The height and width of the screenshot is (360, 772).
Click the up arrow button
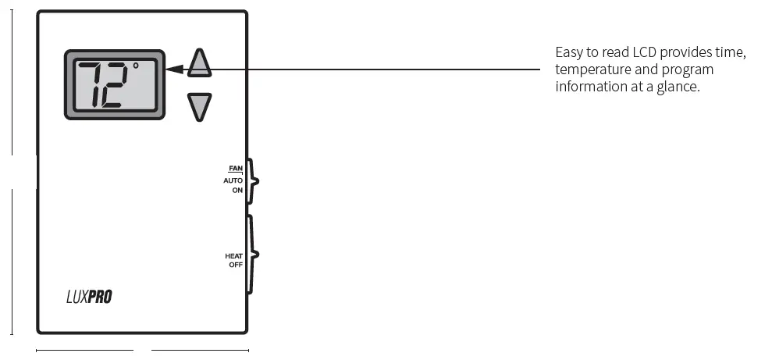[200, 64]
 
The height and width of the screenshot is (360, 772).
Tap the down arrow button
[200, 106]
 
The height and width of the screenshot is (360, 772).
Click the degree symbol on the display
[135, 66]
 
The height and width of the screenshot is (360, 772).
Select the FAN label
[236, 168]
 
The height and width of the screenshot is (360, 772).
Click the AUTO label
[233, 180]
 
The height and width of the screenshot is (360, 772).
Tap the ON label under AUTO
[237, 190]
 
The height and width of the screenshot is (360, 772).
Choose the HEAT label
[234, 256]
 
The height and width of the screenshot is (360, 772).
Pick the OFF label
[236, 265]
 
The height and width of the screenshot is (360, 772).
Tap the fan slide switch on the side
[251, 180]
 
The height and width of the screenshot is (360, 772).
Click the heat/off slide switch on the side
[251, 255]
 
